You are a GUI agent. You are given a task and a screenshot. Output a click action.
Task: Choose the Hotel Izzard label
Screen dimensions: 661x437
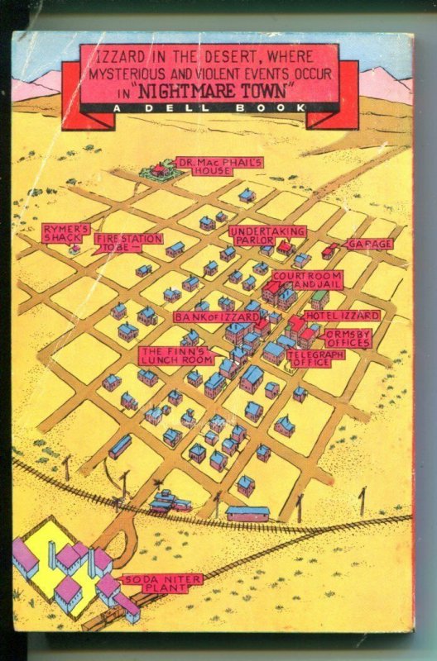pyautogui.click(x=343, y=316)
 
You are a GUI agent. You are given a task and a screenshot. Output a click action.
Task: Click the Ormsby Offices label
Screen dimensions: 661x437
pyautogui.click(x=348, y=338)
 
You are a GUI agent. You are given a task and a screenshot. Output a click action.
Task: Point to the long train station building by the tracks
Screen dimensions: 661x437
pyautogui.click(x=247, y=513)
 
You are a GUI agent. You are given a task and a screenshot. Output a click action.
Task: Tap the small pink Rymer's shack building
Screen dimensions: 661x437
pyautogui.click(x=74, y=250)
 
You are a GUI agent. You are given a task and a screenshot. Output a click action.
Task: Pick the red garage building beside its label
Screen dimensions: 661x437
pyautogui.click(x=330, y=250)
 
